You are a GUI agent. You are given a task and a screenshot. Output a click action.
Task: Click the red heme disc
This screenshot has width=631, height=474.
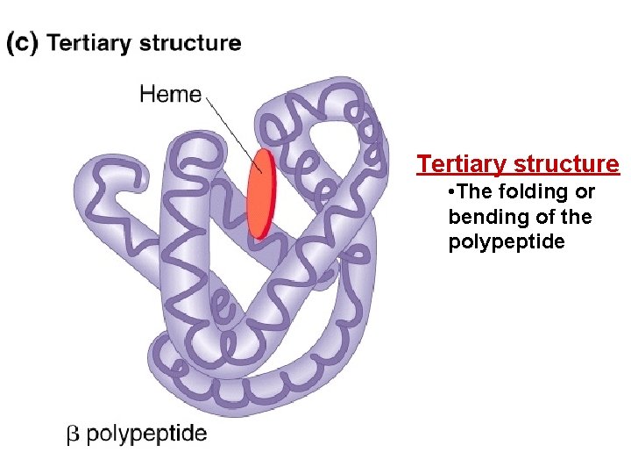pos(260,193)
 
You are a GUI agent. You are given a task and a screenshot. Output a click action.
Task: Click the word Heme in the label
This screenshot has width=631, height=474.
pos(171,94)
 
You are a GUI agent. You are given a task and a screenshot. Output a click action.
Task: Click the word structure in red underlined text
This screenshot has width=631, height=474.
pos(570,164)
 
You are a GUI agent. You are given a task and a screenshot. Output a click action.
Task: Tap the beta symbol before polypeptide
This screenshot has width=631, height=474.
pos(74,434)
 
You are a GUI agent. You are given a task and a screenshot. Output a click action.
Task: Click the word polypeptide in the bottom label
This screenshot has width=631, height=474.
pos(147,434)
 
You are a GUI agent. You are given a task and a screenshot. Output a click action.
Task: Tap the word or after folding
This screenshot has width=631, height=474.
pos(584,192)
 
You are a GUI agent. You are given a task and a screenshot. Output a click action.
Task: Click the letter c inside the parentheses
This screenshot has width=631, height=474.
pos(22,43)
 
